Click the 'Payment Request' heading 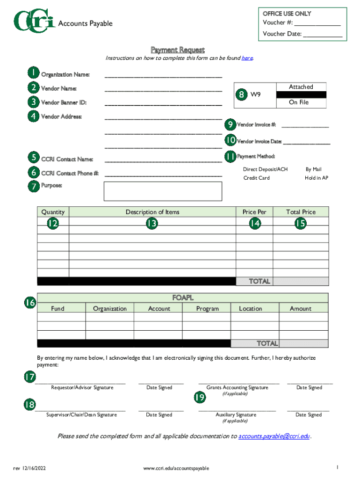177,50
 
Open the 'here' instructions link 247,58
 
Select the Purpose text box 163,191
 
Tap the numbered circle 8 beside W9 242,94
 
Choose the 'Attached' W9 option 301,87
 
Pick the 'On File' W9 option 299,102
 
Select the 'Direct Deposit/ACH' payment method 265,169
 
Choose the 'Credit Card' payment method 256,178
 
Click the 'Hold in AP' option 316,178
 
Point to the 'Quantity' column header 53,212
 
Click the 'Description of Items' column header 152,212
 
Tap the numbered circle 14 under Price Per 254,224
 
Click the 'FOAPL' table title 183,298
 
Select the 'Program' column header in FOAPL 207,309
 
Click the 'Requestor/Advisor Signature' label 82,388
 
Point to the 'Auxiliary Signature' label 236,415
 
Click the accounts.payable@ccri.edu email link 274,436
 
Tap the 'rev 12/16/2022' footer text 29,468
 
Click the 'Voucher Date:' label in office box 281,34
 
